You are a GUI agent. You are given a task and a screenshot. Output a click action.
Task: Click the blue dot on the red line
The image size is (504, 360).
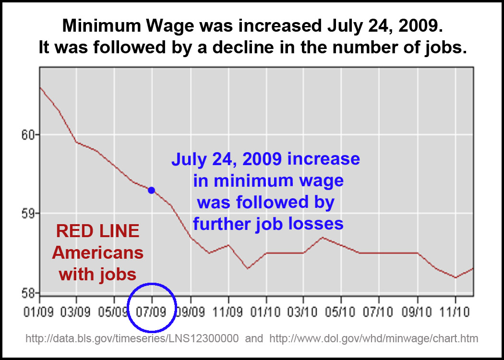pyautogui.click(x=151, y=190)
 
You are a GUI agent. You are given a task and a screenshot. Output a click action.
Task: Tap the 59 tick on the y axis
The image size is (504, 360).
pyautogui.click(x=31, y=213)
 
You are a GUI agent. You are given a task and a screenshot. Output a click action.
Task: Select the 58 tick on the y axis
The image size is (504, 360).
pyautogui.click(x=31, y=292)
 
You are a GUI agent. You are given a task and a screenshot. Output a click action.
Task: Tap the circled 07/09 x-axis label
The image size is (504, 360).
pyautogui.click(x=152, y=312)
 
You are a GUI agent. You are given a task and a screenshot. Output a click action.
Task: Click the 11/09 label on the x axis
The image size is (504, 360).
pyautogui.click(x=228, y=312)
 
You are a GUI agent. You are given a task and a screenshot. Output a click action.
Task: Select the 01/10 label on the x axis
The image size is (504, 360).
pyautogui.click(x=266, y=312)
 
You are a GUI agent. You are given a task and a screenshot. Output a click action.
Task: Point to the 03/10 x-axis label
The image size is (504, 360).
pyautogui.click(x=303, y=312)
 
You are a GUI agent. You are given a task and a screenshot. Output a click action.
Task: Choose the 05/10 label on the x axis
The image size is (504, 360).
pyautogui.click(x=341, y=312)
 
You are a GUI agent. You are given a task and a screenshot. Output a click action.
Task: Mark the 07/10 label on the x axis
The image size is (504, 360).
pyautogui.click(x=379, y=312)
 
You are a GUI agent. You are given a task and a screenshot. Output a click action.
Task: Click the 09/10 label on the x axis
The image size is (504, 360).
pyautogui.click(x=417, y=312)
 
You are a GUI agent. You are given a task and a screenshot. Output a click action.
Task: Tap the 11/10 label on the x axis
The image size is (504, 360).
pyautogui.click(x=455, y=312)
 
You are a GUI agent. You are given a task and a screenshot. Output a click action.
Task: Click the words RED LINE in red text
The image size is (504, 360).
pyautogui.click(x=97, y=231)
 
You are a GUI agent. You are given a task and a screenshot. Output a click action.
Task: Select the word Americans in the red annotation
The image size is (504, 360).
pyautogui.click(x=97, y=252)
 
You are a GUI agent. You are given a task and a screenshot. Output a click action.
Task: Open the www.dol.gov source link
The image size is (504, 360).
pyautogui.click(x=374, y=339)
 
